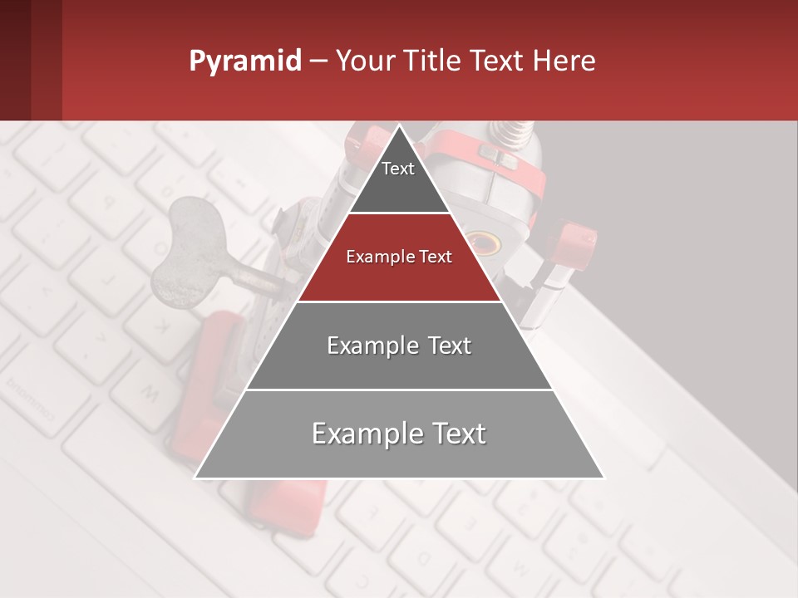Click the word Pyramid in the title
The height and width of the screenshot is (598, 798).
point(244,61)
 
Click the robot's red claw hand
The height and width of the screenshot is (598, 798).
point(574,241)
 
